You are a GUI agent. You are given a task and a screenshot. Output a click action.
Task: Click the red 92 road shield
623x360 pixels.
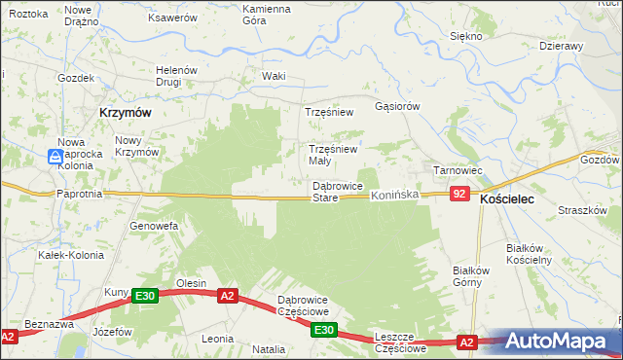pos(460,196)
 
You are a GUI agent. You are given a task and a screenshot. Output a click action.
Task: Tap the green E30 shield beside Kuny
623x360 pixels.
pos(145,296)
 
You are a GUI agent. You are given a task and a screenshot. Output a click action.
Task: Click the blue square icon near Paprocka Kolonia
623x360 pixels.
pos(56,156)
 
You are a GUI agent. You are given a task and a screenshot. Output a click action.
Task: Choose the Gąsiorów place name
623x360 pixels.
pos(397,106)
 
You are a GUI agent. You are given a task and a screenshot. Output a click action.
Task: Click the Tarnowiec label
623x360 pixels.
pos(458,170)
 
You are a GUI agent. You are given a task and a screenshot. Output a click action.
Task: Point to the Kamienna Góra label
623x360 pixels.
pos(267,15)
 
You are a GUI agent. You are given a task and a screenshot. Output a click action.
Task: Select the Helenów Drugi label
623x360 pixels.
pos(177,76)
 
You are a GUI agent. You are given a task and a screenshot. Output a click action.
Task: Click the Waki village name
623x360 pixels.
pos(274,76)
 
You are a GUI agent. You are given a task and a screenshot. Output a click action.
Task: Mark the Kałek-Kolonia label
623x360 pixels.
pos(65,255)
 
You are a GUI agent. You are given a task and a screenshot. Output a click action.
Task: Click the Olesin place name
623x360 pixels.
pos(190,283)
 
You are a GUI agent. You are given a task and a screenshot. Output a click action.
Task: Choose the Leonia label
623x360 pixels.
pos(216,339)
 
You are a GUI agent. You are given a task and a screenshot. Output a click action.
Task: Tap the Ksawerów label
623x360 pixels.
pos(171,18)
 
